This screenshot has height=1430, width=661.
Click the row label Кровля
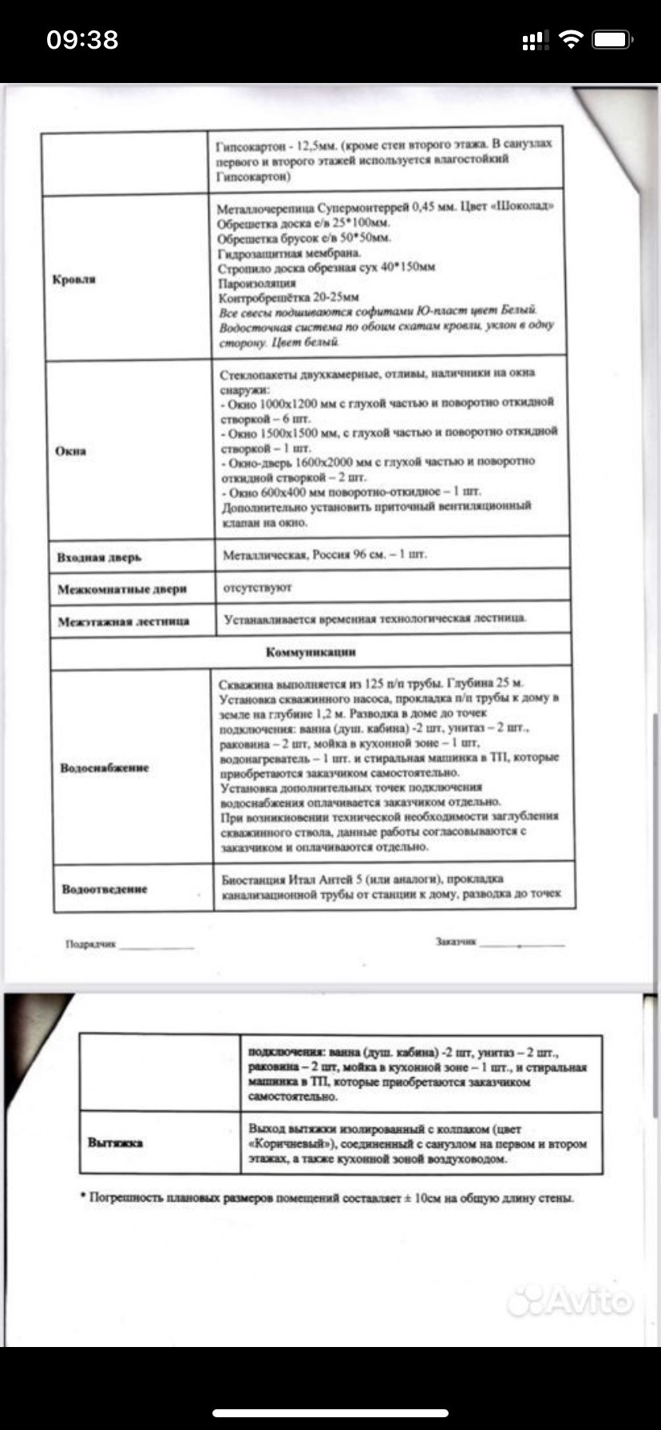(x=74, y=279)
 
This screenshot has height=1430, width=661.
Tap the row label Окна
(x=70, y=451)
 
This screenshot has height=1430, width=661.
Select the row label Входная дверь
(x=99, y=557)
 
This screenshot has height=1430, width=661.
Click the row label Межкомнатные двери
(x=122, y=589)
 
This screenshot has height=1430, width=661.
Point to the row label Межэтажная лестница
(x=124, y=621)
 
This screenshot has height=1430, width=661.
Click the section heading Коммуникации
(x=311, y=652)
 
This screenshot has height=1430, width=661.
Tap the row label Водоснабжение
(x=105, y=768)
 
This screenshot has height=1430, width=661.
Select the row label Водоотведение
(x=105, y=888)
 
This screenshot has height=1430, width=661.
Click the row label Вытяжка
(x=116, y=1143)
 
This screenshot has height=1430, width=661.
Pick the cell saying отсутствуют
(x=257, y=587)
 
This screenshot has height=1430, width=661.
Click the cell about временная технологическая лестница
(x=375, y=618)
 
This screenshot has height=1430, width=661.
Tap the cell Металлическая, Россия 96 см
(x=324, y=555)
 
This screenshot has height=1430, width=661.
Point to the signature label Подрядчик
(x=91, y=944)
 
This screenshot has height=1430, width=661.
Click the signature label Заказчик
(x=456, y=942)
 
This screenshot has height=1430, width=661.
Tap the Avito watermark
(x=570, y=1302)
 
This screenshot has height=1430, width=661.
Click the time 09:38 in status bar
(x=82, y=40)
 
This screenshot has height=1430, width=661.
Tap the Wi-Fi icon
(x=571, y=40)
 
